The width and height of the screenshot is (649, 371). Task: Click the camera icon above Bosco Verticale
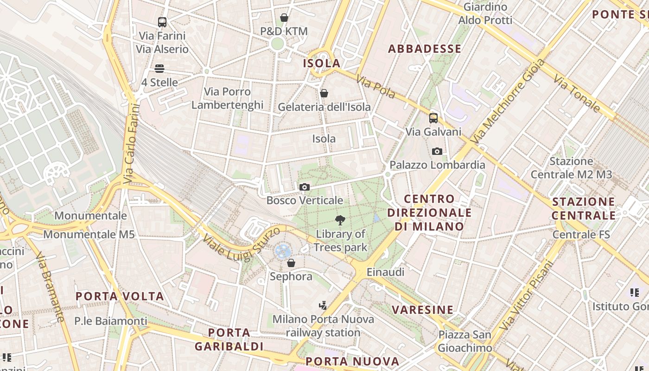tap(305, 187)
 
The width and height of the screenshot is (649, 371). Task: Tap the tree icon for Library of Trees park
tap(340, 220)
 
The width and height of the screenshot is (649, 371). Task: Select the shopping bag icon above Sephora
tap(291, 263)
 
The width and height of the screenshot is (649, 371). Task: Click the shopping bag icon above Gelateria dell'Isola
tap(324, 93)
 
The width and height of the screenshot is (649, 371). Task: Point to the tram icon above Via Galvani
tap(433, 118)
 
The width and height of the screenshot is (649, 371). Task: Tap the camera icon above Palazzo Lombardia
tap(437, 151)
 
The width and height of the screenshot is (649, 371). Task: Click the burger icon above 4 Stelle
tap(159, 69)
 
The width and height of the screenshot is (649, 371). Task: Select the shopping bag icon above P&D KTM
tap(284, 18)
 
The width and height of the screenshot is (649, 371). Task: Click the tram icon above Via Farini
tap(162, 22)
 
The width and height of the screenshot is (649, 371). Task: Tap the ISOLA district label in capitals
tap(322, 63)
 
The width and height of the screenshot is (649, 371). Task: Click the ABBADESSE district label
tap(425, 49)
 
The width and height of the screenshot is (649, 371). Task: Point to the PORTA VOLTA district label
tap(120, 296)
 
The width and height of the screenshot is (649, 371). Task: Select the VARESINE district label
tap(423, 310)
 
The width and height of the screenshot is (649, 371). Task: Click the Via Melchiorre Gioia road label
tap(508, 101)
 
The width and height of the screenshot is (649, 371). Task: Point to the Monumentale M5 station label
tap(89, 234)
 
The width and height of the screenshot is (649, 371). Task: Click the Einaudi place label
tap(385, 272)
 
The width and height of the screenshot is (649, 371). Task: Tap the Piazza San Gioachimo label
tap(465, 341)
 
